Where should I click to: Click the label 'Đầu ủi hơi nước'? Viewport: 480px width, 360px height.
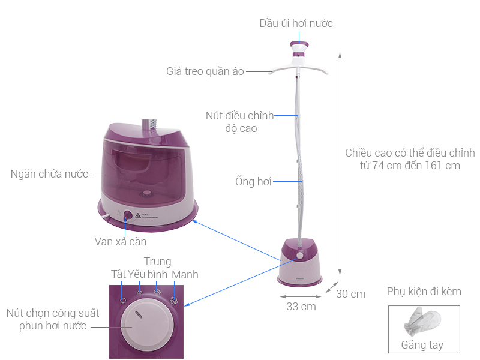coord(296,23)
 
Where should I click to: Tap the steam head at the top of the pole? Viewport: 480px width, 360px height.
coord(299,49)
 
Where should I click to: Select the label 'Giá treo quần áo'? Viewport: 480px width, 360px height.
coord(205,71)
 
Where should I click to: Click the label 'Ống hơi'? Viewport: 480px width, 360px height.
coord(253,181)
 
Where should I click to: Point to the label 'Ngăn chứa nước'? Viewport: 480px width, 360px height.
coord(49,174)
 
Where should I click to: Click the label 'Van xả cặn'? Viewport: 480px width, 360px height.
coord(121,242)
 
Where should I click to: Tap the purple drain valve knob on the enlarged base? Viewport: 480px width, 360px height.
coord(128,215)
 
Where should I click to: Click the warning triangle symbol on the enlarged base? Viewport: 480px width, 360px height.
coord(138,215)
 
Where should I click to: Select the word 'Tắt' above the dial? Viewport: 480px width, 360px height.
coord(118,274)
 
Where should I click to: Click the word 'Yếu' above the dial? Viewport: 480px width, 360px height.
coord(137,274)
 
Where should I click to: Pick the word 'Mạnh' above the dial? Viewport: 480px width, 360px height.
coord(185,275)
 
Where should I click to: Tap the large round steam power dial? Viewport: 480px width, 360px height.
coord(147,325)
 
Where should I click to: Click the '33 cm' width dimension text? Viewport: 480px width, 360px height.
coord(301,307)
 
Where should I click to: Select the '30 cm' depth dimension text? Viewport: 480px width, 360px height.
coord(350,294)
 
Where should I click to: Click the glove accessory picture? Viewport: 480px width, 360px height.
coord(422,322)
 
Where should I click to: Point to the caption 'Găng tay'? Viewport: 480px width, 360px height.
coord(422,345)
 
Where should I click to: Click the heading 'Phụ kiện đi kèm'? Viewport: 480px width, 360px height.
coord(424,292)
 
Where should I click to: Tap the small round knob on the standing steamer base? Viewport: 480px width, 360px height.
coord(299,256)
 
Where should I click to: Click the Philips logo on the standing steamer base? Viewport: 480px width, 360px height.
coord(299,278)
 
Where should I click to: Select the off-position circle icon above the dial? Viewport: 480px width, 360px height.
coord(123,301)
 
